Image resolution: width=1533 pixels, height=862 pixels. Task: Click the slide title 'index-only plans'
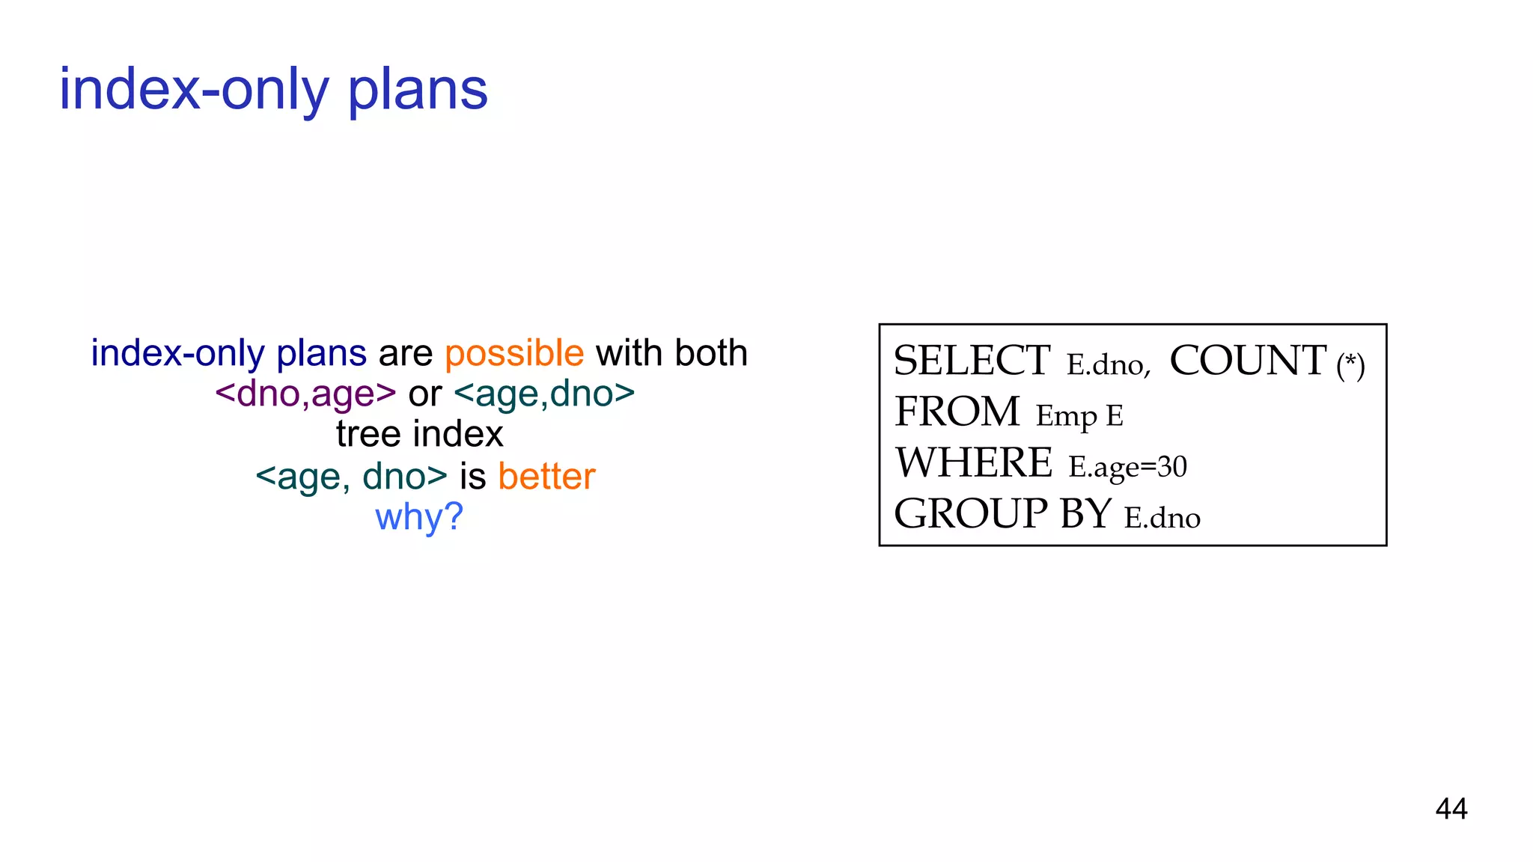coord(273,90)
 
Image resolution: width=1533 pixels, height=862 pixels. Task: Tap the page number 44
coord(1451,809)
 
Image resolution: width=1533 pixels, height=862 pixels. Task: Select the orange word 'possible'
coord(514,353)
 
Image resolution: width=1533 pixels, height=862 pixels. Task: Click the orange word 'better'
coord(546,477)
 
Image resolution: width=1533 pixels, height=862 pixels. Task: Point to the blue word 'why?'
coord(419,517)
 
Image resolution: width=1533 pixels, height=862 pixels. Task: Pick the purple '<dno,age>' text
coord(305,394)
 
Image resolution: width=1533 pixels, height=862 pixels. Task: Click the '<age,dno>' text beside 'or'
coord(544,394)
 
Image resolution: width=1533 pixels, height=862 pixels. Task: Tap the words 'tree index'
coord(419,435)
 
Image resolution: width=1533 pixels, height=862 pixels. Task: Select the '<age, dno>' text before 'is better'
coord(351,477)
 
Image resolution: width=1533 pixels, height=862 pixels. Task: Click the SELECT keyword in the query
coord(972,361)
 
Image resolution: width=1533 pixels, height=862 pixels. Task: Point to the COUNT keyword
coord(1248,361)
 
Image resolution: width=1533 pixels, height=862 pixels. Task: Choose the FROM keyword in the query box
coord(957,412)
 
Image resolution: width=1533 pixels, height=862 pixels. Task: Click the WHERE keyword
coord(974,463)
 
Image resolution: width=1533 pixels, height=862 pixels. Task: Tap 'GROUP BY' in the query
coord(1002,514)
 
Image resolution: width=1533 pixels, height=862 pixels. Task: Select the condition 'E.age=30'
coord(1127,467)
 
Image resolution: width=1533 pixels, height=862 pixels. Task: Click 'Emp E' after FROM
coord(1079,416)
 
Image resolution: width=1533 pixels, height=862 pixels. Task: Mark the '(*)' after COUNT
coord(1350,366)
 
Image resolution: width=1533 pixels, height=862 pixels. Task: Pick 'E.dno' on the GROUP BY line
coord(1162,518)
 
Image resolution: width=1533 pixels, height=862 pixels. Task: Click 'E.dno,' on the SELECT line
coord(1109,365)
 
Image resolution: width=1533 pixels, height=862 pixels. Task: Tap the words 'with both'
coord(671,353)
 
